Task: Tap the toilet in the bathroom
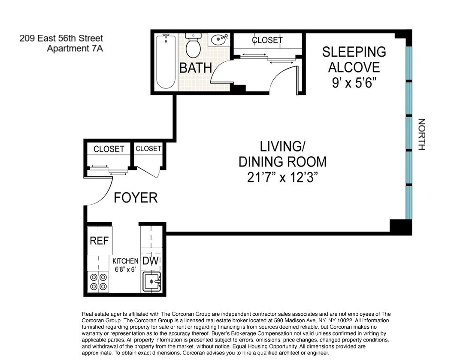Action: (x=193, y=46)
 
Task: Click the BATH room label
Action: (x=196, y=68)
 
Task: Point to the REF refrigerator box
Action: (x=99, y=241)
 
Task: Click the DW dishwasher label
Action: (x=151, y=261)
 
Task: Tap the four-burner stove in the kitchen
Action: (x=98, y=282)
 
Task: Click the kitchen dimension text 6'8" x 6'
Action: (x=125, y=269)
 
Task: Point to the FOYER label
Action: (x=136, y=197)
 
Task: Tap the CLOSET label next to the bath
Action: (x=267, y=40)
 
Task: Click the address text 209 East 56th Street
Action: (x=61, y=39)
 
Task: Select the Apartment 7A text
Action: (x=74, y=48)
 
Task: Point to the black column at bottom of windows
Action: (x=400, y=226)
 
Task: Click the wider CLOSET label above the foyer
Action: (x=109, y=149)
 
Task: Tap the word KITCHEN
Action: (x=125, y=261)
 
